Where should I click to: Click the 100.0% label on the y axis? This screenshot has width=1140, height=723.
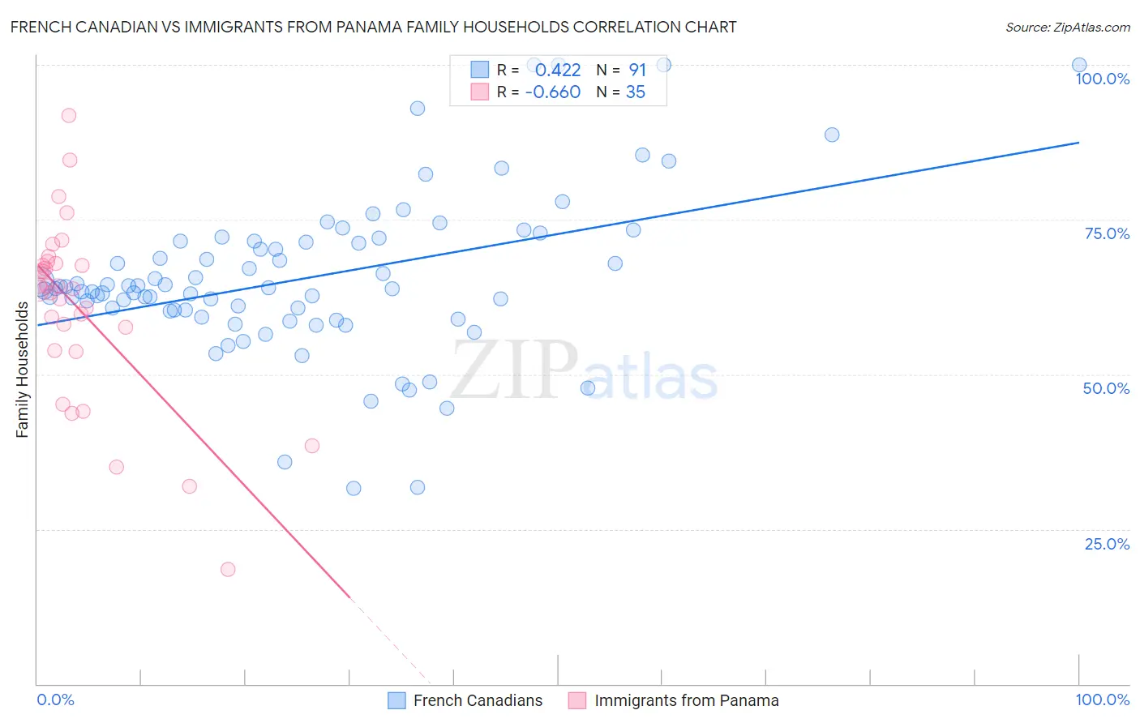pos(1102,79)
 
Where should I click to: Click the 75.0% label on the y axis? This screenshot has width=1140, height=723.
pos(1107,233)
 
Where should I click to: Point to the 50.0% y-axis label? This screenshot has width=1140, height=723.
pos(1106,388)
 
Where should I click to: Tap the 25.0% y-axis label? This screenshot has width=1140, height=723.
pos(1107,544)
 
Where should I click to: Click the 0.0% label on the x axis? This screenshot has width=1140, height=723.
pos(55,699)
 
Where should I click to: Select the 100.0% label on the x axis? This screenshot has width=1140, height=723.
pos(1102,699)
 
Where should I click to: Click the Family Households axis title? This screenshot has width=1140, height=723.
pos(23,370)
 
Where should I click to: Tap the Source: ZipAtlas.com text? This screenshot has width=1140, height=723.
pos(1067,27)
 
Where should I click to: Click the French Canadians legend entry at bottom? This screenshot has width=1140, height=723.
pos(477,700)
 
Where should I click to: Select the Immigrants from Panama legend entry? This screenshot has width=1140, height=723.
pos(686,700)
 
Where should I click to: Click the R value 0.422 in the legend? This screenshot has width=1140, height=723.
pos(557,71)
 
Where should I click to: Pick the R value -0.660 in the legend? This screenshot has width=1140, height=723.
pos(552,92)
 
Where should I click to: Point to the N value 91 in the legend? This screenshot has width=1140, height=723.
pos(637,71)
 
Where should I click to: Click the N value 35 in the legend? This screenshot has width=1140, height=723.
pos(635,92)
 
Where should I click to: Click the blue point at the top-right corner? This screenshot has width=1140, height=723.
pos(1079,65)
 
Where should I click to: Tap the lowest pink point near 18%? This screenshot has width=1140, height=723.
pos(228,570)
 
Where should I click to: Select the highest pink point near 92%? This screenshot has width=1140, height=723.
pos(69,116)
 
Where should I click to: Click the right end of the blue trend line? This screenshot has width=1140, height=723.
pos(1078,143)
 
